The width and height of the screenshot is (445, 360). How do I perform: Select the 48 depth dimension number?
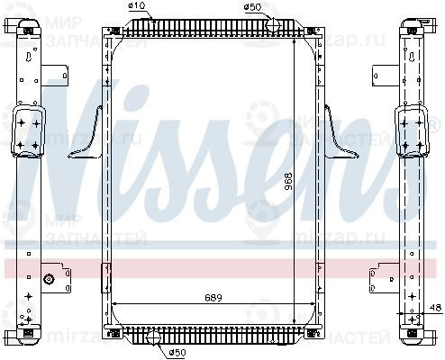435,309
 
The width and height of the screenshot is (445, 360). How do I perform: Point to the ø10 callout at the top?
137,7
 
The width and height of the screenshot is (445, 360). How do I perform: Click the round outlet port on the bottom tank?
154,338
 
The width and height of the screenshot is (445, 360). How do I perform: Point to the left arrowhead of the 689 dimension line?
112,303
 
